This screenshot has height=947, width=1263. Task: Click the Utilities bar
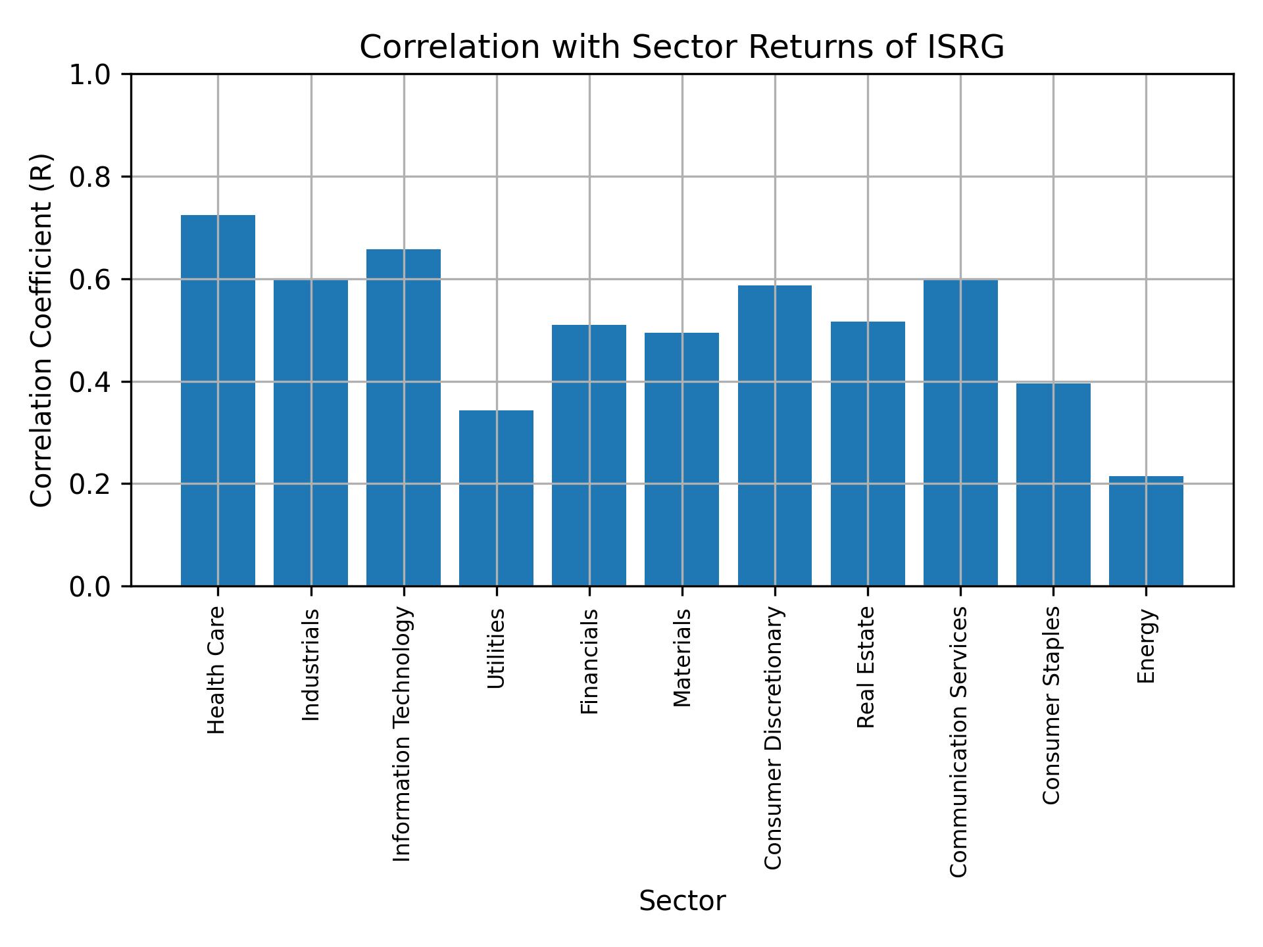pyautogui.click(x=496, y=498)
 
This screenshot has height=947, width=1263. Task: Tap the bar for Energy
pyautogui.click(x=1146, y=531)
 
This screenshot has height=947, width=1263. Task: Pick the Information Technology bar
pyautogui.click(x=403, y=417)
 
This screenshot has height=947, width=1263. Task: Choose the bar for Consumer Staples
pyautogui.click(x=1053, y=484)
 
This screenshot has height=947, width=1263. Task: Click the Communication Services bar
pyautogui.click(x=960, y=433)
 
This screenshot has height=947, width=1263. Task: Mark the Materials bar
pyautogui.click(x=681, y=459)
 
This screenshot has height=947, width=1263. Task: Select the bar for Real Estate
pyautogui.click(x=868, y=453)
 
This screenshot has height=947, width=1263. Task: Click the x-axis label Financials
pyautogui.click(x=589, y=661)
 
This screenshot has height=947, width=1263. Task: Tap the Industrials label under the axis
pyautogui.click(x=310, y=664)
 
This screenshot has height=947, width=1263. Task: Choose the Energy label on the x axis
pyautogui.click(x=1146, y=646)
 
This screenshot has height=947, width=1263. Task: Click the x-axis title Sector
pyautogui.click(x=682, y=901)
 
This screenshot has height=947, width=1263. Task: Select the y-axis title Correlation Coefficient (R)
pyautogui.click(x=41, y=330)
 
